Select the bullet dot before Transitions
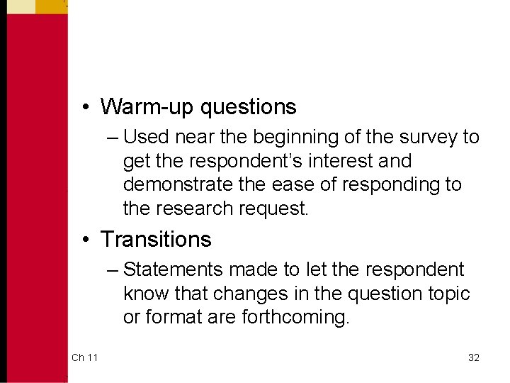84,240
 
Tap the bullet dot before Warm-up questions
84,107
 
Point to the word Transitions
156,240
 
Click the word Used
145,137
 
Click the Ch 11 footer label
84,357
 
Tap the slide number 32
474,357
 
